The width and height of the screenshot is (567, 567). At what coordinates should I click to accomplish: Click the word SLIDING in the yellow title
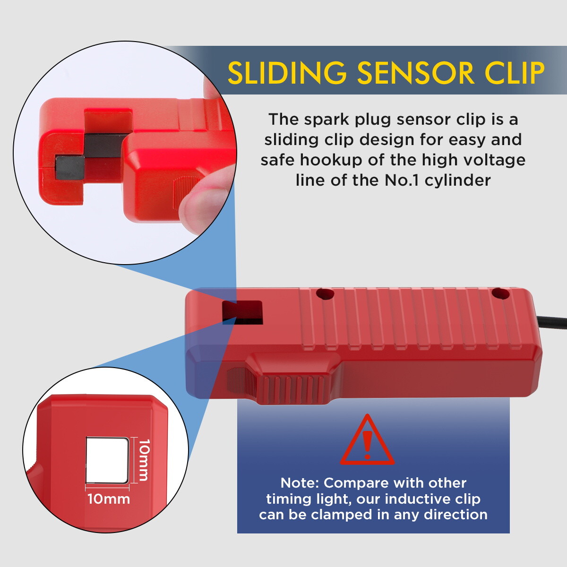click(x=287, y=72)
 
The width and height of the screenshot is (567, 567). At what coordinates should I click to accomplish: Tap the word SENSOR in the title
click(x=415, y=72)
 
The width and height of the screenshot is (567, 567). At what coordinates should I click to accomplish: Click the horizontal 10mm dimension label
click(x=109, y=499)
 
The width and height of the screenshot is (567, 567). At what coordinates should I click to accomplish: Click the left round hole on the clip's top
click(x=325, y=293)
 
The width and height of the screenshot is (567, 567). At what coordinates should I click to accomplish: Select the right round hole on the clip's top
click(x=500, y=293)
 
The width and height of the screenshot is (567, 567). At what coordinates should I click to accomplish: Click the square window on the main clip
click(x=242, y=312)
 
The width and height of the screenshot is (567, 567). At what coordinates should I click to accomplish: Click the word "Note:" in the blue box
click(x=300, y=483)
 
